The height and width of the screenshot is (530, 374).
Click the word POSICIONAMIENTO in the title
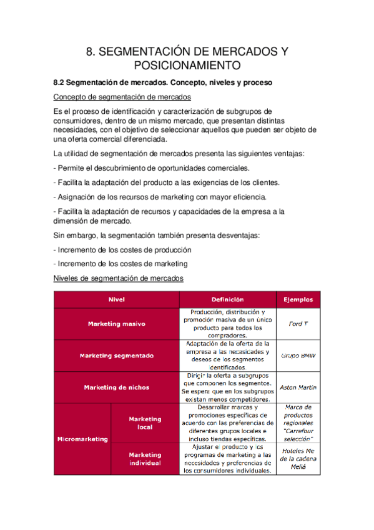tap(187, 65)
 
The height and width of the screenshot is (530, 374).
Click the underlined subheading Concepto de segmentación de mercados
tap(122, 97)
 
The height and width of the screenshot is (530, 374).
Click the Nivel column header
tap(117, 299)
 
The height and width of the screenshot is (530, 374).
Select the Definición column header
tap(227, 299)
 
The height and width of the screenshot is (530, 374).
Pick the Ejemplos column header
tap(298, 299)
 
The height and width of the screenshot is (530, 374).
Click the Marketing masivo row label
tap(117, 324)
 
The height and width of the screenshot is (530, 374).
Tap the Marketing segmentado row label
tap(117, 356)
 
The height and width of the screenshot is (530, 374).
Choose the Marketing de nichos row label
tap(117, 387)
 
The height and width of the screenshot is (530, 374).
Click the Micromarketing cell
tap(82, 439)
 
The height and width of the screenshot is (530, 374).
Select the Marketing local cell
tap(145, 423)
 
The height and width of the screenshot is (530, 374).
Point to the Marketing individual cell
tap(145, 459)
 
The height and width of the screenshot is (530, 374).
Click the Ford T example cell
tap(298, 324)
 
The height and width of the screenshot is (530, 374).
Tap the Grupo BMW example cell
tap(298, 356)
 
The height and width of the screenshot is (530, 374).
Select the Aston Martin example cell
tap(298, 387)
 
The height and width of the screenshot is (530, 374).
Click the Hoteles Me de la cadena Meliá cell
tap(298, 459)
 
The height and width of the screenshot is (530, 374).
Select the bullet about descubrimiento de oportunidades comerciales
tap(152, 168)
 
